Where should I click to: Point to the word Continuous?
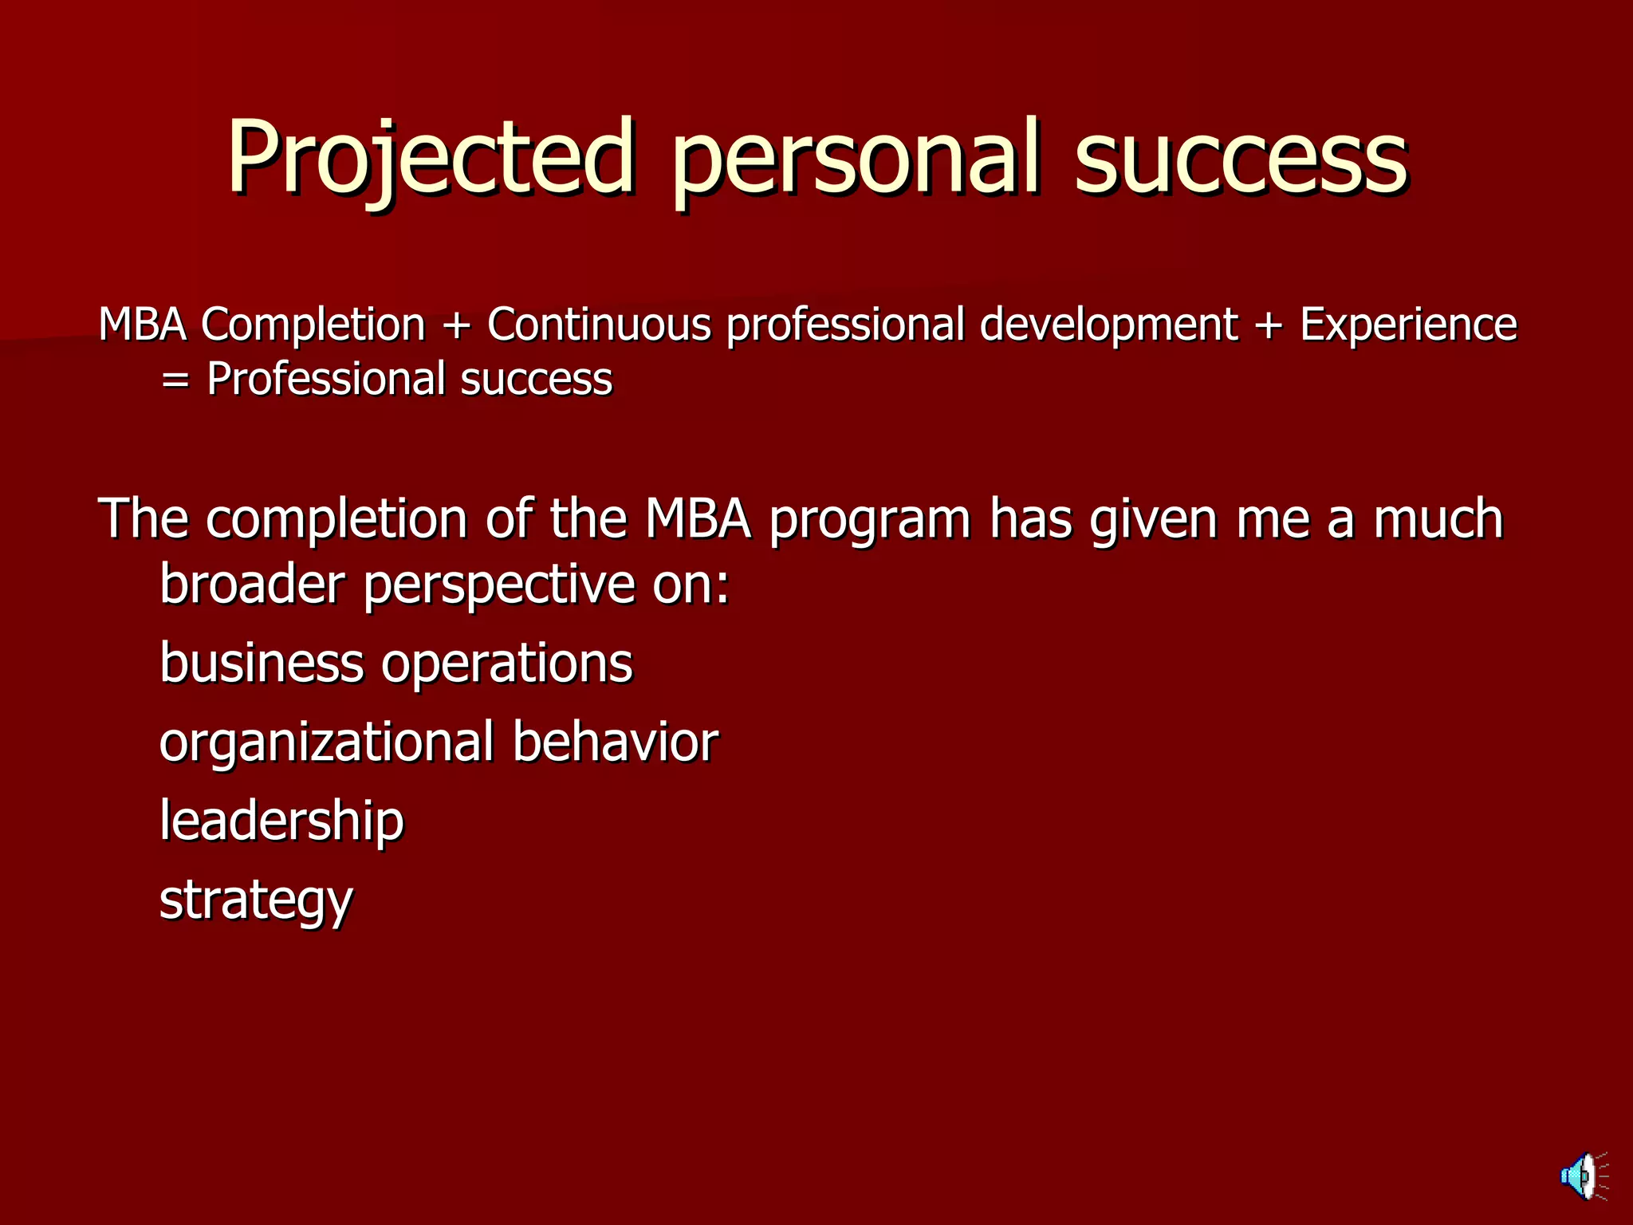(x=599, y=325)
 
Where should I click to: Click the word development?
(x=1108, y=325)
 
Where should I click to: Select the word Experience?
(x=1408, y=325)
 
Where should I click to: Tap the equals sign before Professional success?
(x=175, y=380)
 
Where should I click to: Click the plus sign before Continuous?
(x=456, y=326)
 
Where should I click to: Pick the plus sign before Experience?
(x=1269, y=326)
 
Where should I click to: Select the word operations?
(x=506, y=664)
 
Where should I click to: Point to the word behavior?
(x=615, y=742)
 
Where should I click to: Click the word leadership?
(x=281, y=821)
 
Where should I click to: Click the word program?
(x=870, y=521)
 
